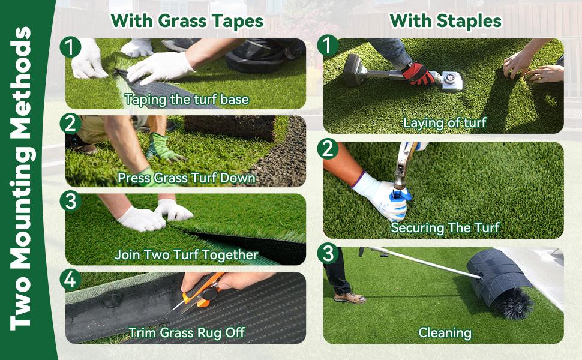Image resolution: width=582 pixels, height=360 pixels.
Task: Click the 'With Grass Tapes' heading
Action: (x=187, y=21)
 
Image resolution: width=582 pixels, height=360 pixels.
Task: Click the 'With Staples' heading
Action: (x=445, y=21)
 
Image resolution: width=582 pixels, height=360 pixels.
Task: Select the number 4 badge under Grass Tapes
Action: (x=71, y=279)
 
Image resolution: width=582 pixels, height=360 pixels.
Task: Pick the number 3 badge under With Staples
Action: (x=328, y=254)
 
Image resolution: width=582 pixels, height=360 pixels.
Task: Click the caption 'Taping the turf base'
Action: (x=186, y=99)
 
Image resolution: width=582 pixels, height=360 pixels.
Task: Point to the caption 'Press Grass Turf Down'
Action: (x=186, y=178)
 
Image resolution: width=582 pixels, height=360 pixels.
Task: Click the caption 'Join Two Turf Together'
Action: (x=186, y=254)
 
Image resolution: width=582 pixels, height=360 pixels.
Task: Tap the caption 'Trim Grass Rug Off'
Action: (x=186, y=332)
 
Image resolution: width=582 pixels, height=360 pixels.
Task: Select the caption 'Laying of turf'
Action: (x=444, y=123)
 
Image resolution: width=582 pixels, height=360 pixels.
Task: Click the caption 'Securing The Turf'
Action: (x=445, y=227)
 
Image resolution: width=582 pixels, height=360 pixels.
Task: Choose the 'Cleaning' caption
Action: (x=445, y=332)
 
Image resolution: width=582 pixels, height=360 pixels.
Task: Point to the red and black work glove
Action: (x=418, y=73)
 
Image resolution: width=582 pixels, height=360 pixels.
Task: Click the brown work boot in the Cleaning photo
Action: (x=350, y=297)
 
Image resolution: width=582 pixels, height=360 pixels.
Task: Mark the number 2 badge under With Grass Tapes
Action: (x=71, y=123)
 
